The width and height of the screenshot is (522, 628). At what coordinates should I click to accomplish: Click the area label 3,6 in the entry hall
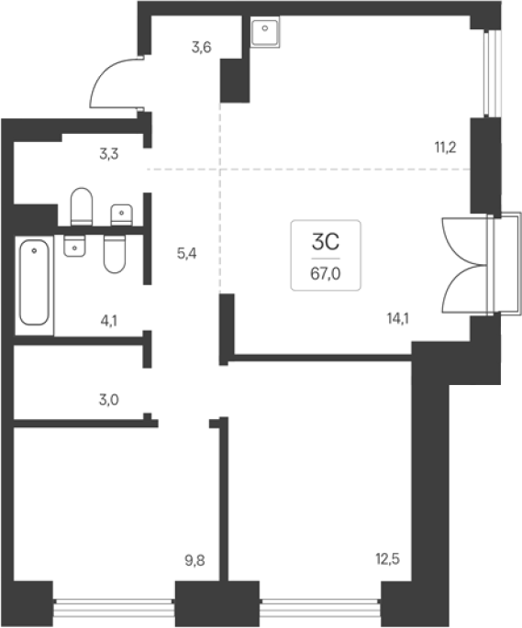pos(201,48)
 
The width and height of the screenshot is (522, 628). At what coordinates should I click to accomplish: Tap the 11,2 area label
pos(446,148)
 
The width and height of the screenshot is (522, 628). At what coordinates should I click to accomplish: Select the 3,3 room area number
pos(109,154)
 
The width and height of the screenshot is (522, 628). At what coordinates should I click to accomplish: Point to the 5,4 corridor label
pos(187,254)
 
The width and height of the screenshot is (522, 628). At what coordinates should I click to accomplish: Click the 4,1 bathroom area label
pos(109,321)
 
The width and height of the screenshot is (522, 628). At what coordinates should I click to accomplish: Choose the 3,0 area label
pos(109,400)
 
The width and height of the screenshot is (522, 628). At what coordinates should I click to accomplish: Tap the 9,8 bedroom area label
pos(194,561)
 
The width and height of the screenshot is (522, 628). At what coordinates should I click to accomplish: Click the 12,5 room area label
pos(388,558)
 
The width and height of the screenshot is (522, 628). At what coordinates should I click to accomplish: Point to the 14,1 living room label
pos(398,319)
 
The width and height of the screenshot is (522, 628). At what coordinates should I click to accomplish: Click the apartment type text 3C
pos(326,242)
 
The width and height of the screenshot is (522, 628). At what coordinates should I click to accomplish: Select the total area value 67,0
pos(326,274)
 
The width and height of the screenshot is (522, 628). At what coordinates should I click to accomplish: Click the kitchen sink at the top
pos(265,31)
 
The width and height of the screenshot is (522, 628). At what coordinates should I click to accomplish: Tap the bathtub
pos(34,282)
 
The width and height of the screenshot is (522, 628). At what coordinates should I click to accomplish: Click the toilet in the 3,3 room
pos(82,206)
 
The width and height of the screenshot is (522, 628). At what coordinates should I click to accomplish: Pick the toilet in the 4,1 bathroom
pos(115,254)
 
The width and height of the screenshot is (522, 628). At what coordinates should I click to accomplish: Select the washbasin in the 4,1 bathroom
pos(74,246)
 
